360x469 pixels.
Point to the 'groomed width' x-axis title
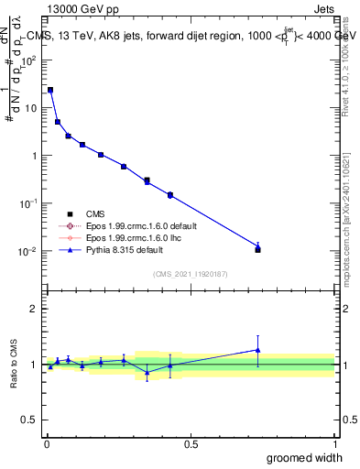304,457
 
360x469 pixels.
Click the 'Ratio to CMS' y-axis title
15,365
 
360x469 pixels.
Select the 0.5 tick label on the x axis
191,444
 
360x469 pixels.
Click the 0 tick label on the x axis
46,444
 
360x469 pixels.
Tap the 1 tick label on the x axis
334,444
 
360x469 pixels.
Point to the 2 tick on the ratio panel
34,309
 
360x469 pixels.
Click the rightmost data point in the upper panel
258,249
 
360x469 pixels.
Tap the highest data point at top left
49,90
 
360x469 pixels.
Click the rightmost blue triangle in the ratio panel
258,349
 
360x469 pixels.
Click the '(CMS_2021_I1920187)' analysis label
190,273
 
